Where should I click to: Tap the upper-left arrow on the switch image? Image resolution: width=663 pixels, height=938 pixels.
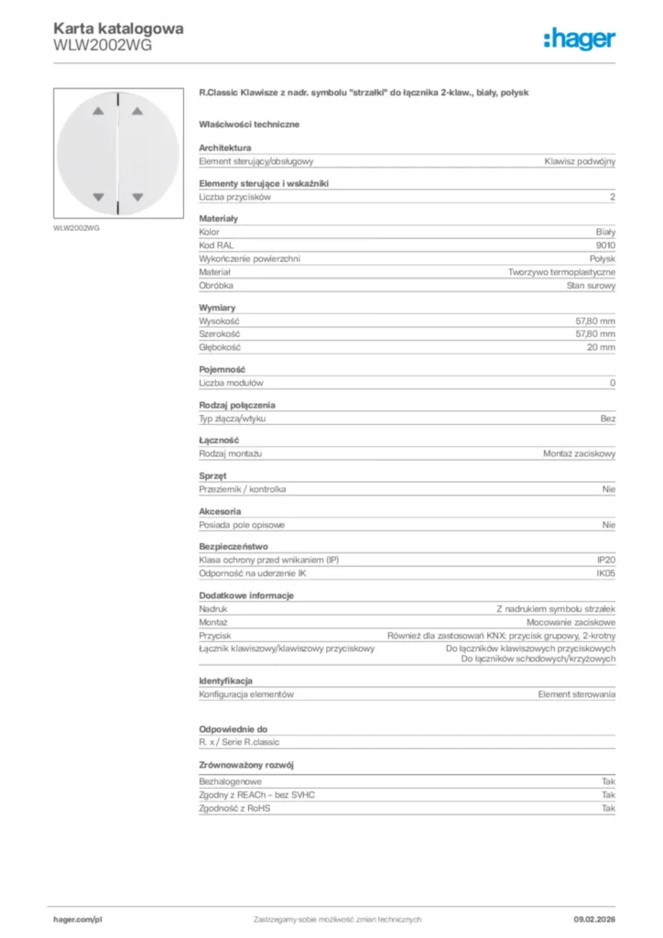[99, 114]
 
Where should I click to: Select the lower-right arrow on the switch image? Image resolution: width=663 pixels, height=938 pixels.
[137, 196]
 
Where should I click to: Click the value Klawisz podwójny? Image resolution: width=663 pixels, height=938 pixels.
[580, 161]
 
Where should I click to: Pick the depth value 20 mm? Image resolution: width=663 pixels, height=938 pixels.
[601, 348]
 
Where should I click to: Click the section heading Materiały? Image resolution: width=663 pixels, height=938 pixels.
[218, 219]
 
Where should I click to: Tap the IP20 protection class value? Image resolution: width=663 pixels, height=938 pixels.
[605, 559]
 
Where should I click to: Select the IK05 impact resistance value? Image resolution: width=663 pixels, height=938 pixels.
[605, 573]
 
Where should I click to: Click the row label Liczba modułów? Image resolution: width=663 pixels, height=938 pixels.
[231, 383]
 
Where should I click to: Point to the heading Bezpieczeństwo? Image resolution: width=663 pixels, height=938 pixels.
[234, 546]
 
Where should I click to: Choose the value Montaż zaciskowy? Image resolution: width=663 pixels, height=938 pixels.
[579, 453]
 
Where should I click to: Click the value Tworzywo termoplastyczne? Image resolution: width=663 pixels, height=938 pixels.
[562, 272]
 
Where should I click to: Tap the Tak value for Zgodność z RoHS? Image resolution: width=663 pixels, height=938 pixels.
[608, 809]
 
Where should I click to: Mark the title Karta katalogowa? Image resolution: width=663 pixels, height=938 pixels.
[118, 27]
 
